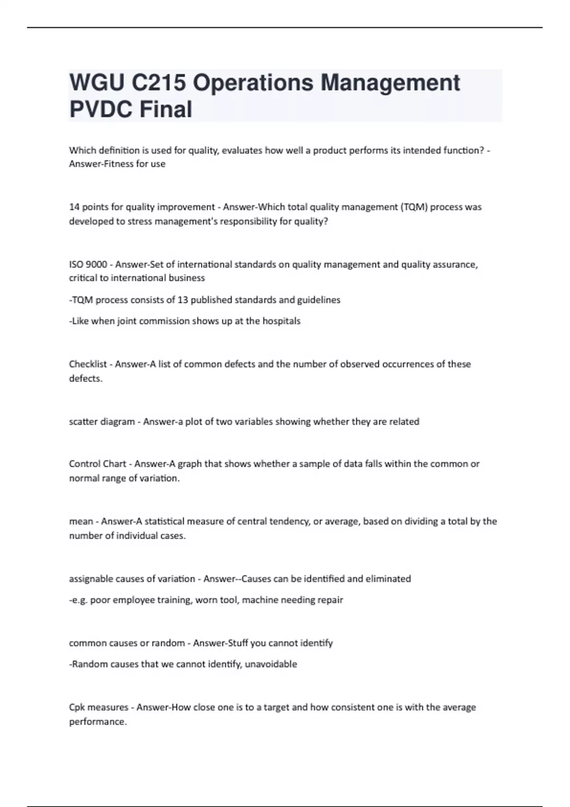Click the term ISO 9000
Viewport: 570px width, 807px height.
point(88,264)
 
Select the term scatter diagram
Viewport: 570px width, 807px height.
point(102,422)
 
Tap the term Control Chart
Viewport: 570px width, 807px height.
point(97,464)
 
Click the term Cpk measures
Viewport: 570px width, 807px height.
point(98,707)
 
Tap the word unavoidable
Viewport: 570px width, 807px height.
point(271,664)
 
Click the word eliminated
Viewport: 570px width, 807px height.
point(389,579)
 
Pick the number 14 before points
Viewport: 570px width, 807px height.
point(74,207)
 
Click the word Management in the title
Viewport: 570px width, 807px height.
point(390,83)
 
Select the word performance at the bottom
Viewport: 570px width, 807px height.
point(97,722)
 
